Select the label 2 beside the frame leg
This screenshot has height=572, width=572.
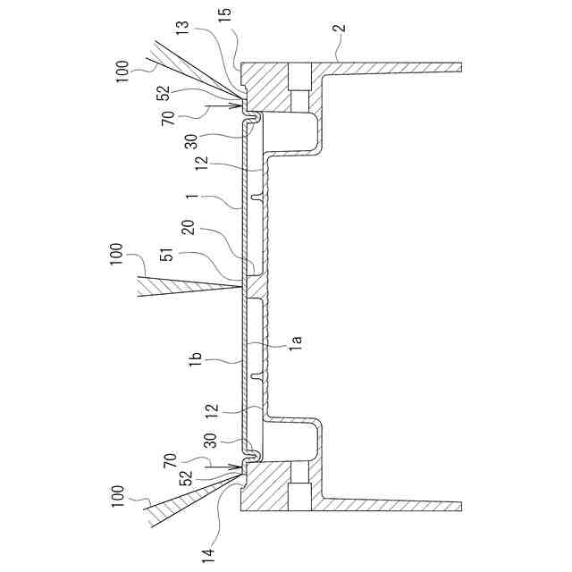(x=338, y=29)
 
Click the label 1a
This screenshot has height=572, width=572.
(x=296, y=341)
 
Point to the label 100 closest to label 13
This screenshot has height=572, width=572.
(x=123, y=67)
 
